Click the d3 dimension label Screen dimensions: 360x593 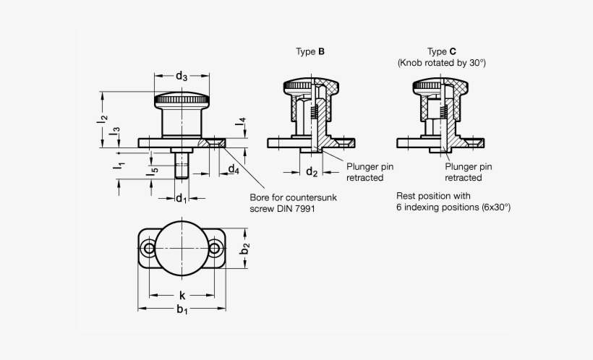(182, 77)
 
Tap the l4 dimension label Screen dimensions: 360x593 (242, 123)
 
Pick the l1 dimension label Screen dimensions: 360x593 (116, 167)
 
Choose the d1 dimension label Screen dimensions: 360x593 (181, 198)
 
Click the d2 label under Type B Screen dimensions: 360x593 (312, 172)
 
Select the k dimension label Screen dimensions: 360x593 (182, 296)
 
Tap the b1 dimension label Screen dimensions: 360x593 (182, 311)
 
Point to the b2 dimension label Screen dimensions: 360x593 (245, 249)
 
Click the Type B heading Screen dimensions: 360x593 (310, 51)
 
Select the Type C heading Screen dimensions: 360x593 (441, 51)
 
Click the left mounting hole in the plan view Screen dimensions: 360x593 (149, 249)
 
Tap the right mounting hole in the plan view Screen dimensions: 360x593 (215, 249)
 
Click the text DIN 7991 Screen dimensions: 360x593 (294, 208)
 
